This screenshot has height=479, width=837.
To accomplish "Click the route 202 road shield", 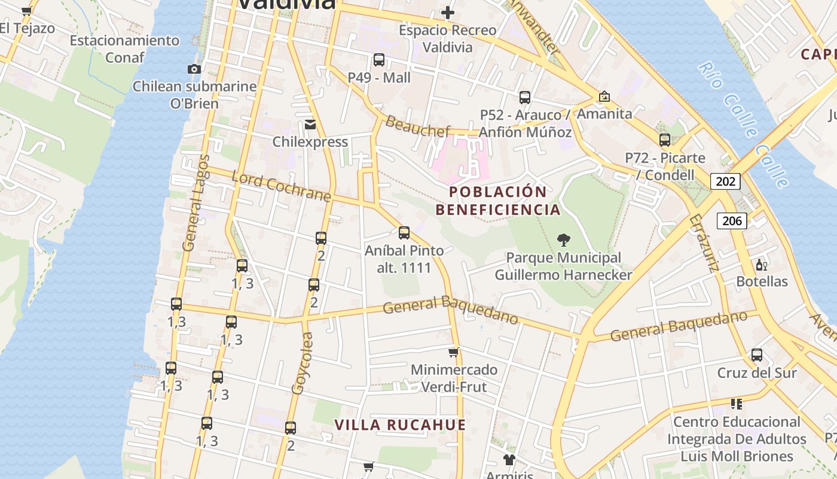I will click(725, 181).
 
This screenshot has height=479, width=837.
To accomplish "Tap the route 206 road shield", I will click(732, 220).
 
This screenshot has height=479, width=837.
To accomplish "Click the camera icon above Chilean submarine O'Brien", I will click(194, 69).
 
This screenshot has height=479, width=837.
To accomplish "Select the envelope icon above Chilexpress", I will click(310, 125).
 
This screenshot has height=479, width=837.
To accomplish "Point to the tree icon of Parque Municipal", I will click(563, 240).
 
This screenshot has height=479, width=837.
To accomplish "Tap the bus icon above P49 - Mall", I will click(379, 60).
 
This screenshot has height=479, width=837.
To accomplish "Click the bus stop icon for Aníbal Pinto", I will click(404, 233).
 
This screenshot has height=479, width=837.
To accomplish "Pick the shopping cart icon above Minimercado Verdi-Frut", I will click(454, 352).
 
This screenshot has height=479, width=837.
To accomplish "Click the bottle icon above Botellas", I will click(761, 265).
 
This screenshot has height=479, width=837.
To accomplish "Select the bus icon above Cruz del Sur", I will click(757, 355).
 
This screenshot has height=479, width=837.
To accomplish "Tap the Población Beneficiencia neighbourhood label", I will click(498, 201).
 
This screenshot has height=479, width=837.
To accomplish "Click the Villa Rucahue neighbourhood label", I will click(400, 425).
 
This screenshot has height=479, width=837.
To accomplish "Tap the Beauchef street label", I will click(417, 126).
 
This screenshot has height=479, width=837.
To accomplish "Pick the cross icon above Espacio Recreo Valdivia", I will click(447, 13).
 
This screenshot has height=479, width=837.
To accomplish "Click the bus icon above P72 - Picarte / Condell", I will click(665, 140).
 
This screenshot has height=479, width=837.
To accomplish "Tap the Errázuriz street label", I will click(703, 243).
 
